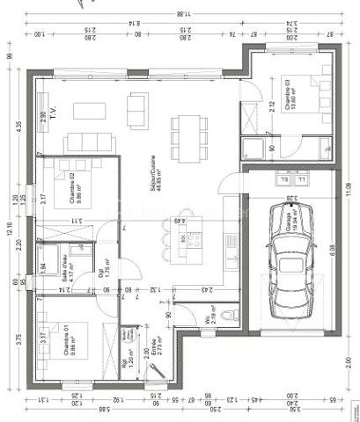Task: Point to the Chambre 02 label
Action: (74, 186)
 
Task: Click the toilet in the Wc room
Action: (231, 314)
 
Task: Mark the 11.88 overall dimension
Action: (181, 13)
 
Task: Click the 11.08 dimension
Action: (349, 189)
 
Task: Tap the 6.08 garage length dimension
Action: (332, 251)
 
